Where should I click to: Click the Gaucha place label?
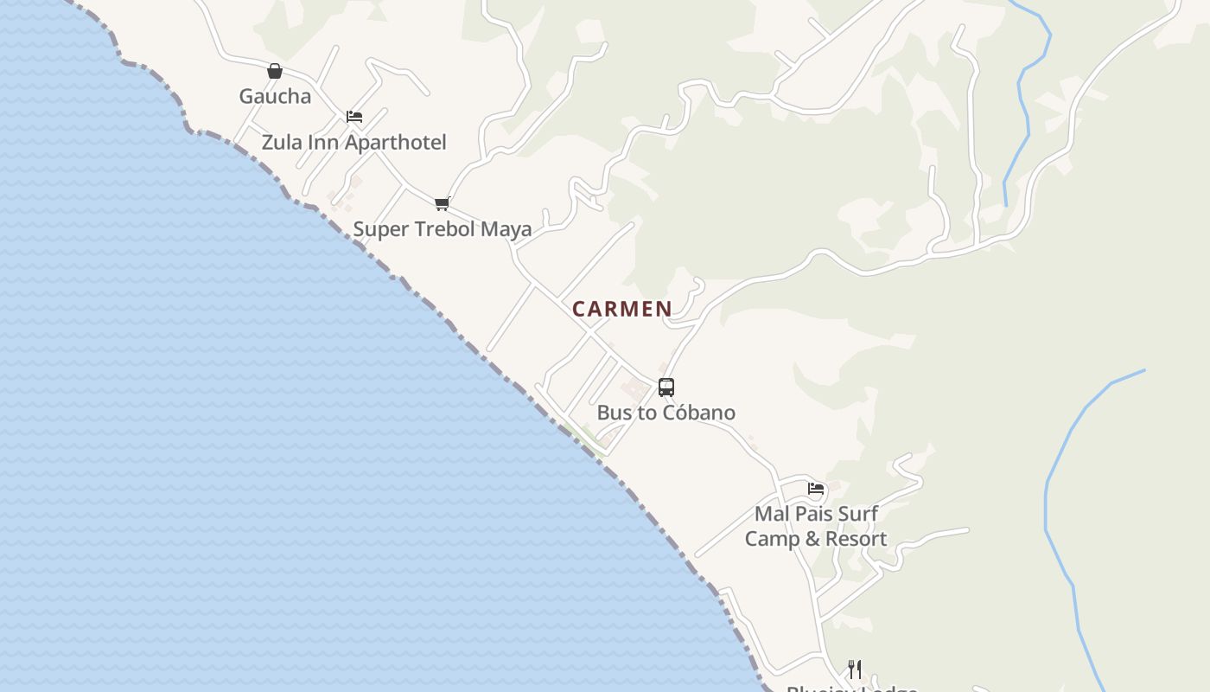275,96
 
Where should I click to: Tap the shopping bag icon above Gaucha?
275,71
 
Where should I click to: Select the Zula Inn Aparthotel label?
353,142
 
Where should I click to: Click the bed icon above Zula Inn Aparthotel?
353,117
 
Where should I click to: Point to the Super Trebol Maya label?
442,229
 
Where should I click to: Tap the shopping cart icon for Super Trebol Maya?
442,204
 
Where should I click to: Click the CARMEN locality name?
622,309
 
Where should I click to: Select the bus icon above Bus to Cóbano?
665,388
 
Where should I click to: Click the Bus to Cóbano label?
665,413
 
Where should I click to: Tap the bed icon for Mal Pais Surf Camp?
816,489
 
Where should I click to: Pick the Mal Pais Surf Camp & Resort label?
816,526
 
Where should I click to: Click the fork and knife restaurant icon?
854,669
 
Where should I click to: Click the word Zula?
281,142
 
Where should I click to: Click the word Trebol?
444,229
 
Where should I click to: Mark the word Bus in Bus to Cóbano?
614,413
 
